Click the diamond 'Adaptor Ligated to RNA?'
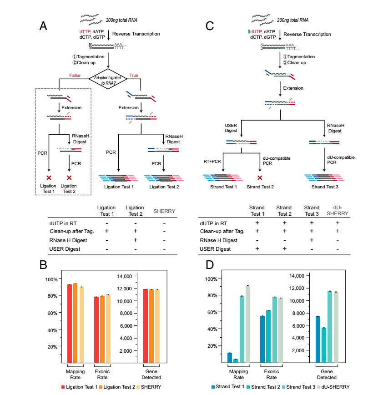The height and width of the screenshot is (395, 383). pos(108,79)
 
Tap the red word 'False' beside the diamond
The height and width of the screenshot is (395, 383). pos(75,76)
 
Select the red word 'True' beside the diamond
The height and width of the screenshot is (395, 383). pos(134,76)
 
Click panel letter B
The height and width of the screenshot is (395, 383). pos(43,265)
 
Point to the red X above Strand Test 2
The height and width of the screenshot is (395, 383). pos(260,177)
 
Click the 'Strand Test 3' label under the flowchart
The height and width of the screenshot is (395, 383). pos(325,187)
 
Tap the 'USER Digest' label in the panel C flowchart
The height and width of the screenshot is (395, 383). pos(231,128)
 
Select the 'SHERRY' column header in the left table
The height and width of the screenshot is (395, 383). pos(164,211)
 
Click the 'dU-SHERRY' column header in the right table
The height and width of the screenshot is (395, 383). pos(338,211)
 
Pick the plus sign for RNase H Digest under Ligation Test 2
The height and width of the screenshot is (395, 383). pos(136,240)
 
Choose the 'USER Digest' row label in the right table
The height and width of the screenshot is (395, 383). pos(215,249)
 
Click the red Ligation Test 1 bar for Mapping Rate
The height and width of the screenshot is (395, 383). pos(70,324)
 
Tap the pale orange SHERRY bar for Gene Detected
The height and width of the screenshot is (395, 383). pos(157,326)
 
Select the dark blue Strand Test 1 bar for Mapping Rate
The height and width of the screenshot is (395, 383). pos(230,358)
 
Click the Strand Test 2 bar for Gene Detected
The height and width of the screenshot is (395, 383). pos(324,345)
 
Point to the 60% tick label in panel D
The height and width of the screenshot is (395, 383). pos(212,312)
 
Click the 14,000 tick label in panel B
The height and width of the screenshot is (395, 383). pos(124,276)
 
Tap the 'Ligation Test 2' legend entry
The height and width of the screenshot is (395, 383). pos(117,387)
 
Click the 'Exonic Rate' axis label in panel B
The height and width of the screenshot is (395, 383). pos(102,375)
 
